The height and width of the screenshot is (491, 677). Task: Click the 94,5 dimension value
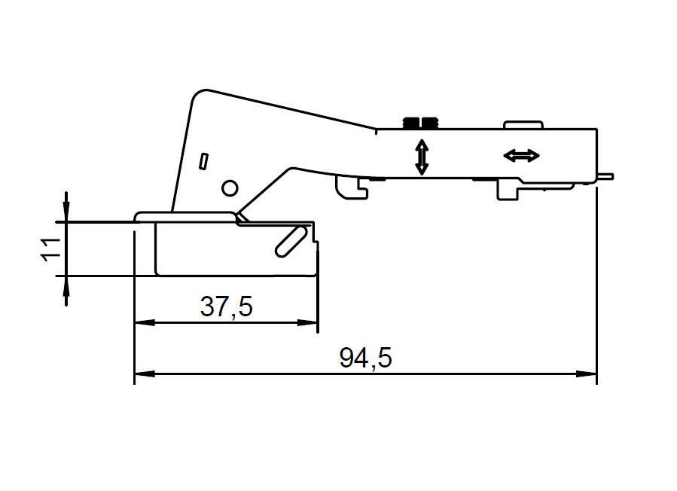pos(365,358)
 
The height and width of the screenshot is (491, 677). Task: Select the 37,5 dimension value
pos(226,306)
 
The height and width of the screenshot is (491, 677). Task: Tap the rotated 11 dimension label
pos(51,249)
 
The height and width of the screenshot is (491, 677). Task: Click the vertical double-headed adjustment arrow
pos(422,157)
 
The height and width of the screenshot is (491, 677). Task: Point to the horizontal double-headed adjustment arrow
pos(522,155)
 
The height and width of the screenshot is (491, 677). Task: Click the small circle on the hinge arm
pos(230,188)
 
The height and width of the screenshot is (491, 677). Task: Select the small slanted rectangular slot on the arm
pos(203,161)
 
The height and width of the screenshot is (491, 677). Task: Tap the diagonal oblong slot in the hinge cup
pos(291,242)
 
